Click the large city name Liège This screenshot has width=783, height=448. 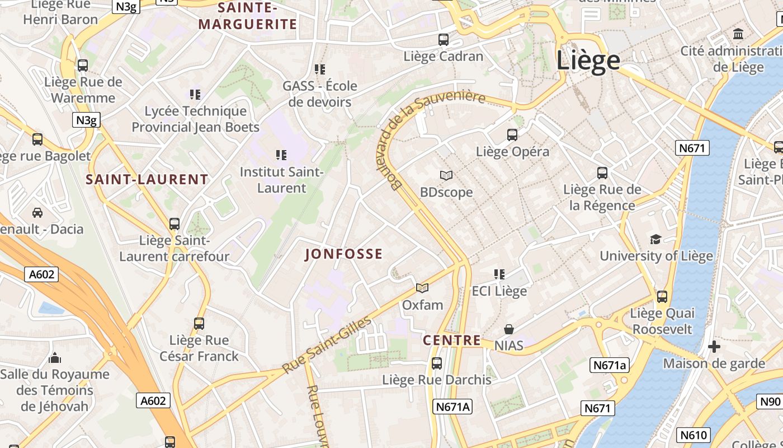tap(588, 60)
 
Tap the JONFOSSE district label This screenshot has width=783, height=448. tap(344, 254)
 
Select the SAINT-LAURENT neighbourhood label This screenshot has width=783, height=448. tap(147, 180)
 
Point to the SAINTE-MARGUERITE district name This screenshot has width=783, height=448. tap(248, 16)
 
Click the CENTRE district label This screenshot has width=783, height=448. tap(451, 340)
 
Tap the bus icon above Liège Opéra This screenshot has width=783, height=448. tap(512, 135)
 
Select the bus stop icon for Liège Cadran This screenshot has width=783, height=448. tap(444, 40)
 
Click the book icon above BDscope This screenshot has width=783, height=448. tap(446, 176)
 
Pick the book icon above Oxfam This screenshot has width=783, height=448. tap(422, 288)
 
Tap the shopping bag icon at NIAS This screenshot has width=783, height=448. tap(509, 329)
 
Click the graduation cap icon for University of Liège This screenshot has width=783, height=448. tap(655, 240)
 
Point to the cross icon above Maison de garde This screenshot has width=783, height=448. tap(714, 347)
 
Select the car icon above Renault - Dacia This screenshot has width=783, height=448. tap(37, 213)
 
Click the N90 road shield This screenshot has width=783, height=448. tap(770, 402)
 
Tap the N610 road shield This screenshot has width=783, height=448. tap(694, 435)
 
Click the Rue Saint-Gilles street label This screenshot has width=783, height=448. tap(327, 346)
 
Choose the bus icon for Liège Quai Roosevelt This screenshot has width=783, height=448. tap(662, 296)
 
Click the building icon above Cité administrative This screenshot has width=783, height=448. tap(738, 34)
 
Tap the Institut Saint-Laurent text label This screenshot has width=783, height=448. tap(281, 180)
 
